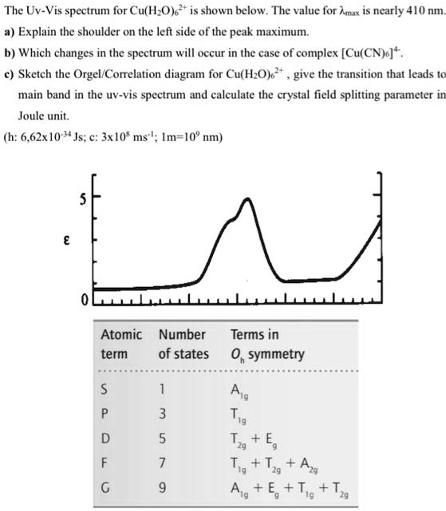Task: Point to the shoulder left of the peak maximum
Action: [235, 214]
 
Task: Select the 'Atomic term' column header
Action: [121, 344]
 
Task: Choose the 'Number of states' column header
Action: [184, 344]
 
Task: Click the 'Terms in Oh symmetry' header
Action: [267, 344]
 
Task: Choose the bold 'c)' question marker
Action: [10, 74]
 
